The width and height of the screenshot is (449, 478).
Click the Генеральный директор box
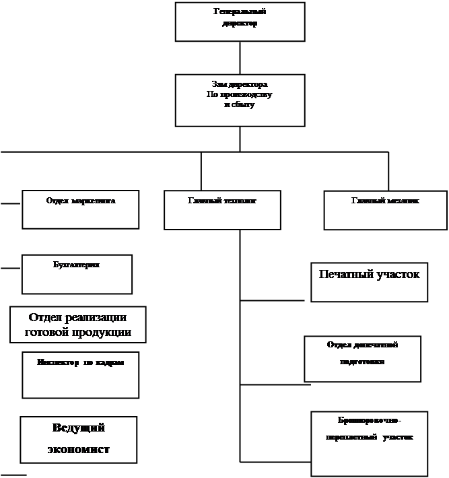click(x=240, y=22)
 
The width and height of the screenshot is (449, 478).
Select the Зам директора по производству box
click(x=240, y=100)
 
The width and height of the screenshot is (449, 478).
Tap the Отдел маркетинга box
click(x=81, y=209)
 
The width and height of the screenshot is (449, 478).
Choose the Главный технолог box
click(x=221, y=209)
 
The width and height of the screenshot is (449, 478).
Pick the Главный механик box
click(x=385, y=209)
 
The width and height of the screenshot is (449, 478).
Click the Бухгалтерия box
click(x=77, y=274)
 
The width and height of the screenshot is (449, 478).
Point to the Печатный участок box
click(x=369, y=281)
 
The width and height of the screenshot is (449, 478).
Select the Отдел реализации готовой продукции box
click(x=77, y=325)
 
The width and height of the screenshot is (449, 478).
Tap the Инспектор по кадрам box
click(x=81, y=374)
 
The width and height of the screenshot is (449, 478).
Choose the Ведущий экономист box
click(x=79, y=439)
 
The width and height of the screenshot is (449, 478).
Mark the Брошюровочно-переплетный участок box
click(x=369, y=442)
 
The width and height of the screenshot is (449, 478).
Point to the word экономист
click(x=79, y=449)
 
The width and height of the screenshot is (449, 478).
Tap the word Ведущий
click(x=79, y=429)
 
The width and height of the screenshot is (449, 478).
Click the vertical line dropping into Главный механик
click(x=388, y=171)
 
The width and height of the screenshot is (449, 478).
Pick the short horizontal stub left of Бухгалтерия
click(x=10, y=268)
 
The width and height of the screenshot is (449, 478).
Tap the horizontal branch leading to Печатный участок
click(x=275, y=300)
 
